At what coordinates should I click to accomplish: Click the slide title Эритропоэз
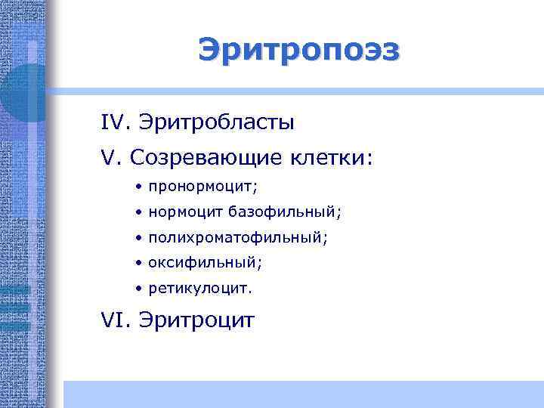click(x=300, y=51)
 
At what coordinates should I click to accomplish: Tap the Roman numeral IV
click(x=116, y=122)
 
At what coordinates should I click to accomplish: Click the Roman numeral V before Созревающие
click(x=111, y=158)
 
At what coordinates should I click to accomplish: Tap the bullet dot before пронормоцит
click(x=140, y=186)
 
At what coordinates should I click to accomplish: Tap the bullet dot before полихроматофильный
click(x=140, y=238)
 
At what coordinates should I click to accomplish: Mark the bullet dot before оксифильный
click(x=140, y=264)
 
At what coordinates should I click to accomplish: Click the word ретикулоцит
click(x=200, y=289)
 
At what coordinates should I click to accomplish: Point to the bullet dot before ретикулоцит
click(x=140, y=289)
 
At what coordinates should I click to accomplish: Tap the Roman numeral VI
click(x=116, y=321)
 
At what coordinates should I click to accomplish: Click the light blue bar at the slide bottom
click(x=302, y=394)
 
